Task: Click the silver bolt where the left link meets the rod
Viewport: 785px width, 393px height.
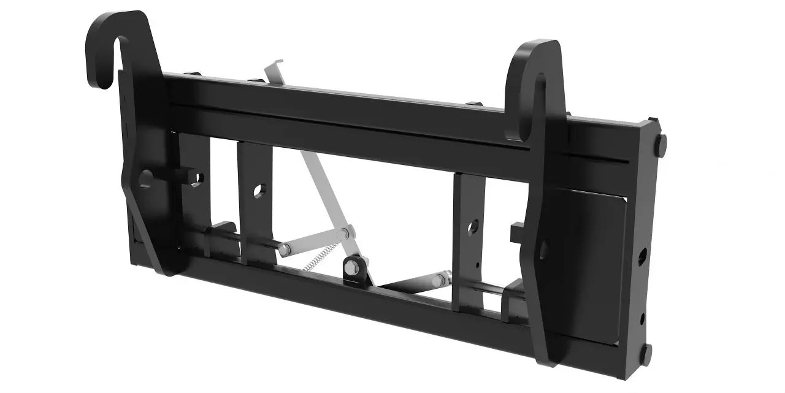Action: click(x=285, y=249)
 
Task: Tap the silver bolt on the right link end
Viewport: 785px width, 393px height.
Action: click(x=437, y=281)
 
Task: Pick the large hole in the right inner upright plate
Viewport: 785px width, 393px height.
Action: click(x=472, y=228)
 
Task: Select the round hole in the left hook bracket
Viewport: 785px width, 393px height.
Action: click(x=146, y=178)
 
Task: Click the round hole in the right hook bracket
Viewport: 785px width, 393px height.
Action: click(x=543, y=249)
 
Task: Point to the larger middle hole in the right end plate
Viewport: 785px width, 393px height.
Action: click(x=642, y=254)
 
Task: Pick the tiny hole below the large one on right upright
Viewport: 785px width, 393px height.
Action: click(x=477, y=265)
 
